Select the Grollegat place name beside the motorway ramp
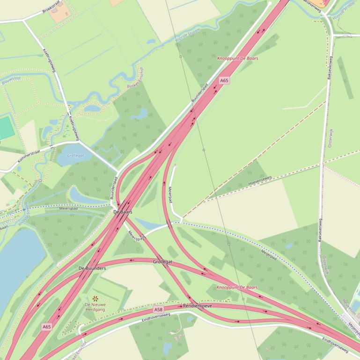pos(162,262)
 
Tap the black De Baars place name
pos(123,212)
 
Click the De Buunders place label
pos(92,268)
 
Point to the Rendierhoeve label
pos(198,306)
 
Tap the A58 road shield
pos(158,310)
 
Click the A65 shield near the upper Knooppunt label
pos(224,80)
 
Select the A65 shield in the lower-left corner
pos(46,327)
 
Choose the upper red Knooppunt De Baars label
pos(237,58)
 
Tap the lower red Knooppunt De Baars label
pos(237,287)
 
